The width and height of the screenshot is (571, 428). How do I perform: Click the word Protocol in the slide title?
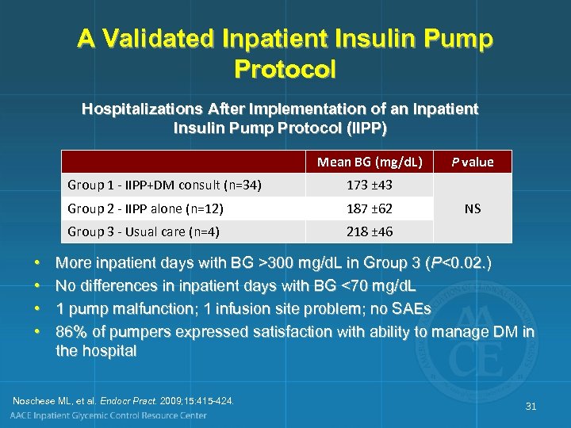285,68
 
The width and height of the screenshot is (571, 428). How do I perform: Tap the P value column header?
472,162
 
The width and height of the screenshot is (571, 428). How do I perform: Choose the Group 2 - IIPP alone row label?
145,209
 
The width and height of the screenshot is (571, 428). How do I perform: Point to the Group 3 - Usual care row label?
144,232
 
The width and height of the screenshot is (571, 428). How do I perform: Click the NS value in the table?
472,209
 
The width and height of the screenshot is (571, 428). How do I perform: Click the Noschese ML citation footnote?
124,400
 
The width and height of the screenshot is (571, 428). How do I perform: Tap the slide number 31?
531,406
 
